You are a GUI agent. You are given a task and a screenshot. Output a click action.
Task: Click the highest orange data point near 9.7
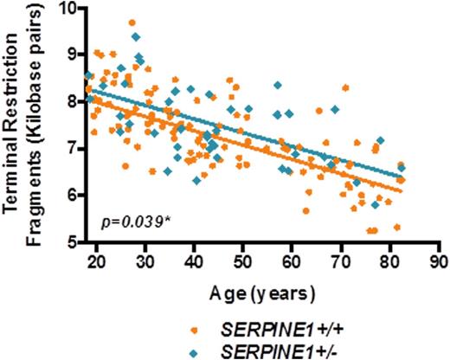pos(132,23)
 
